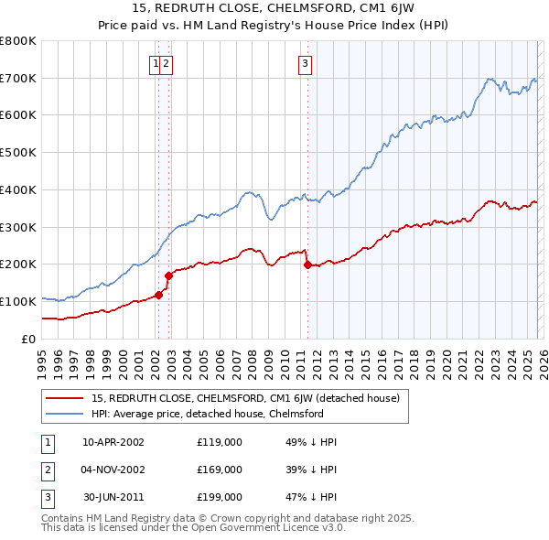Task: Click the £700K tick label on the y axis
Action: [18, 78]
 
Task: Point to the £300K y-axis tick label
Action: [18, 227]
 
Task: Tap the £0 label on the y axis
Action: [28, 339]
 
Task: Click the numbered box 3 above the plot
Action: [305, 63]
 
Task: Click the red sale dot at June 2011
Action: [307, 265]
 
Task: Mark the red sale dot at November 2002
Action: [168, 275]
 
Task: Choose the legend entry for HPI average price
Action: [207, 414]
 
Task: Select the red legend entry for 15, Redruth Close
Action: [245, 398]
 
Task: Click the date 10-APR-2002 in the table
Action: [113, 442]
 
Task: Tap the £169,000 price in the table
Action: [220, 470]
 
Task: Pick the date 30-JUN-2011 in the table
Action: [113, 497]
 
